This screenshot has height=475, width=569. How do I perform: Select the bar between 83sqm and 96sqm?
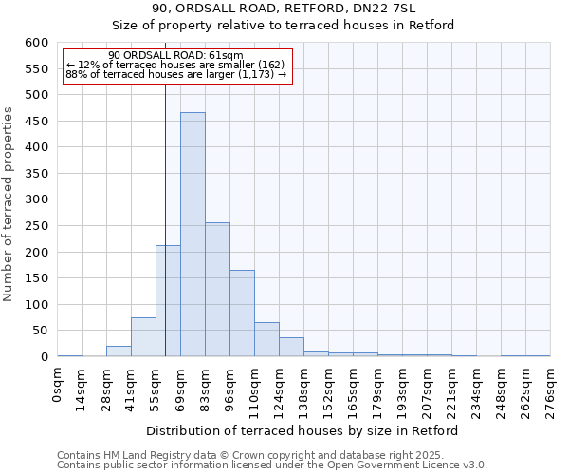point(217,290)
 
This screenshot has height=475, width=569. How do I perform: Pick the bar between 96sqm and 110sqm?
point(242,313)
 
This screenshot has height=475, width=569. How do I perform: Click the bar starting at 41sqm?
point(143,337)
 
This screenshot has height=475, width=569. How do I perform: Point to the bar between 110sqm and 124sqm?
point(266,340)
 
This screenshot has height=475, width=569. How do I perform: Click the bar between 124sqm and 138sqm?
point(291,348)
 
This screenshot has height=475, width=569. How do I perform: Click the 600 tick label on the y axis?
point(36,43)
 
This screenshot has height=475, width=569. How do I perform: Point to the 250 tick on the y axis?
point(36,226)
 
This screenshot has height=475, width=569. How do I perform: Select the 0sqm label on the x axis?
point(58,385)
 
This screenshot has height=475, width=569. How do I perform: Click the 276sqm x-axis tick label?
point(550,390)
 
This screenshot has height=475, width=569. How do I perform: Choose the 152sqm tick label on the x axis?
point(329,390)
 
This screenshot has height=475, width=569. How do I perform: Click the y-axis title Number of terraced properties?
point(9,203)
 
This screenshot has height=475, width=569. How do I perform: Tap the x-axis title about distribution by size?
point(303,430)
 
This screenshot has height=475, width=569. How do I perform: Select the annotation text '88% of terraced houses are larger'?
point(175,74)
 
